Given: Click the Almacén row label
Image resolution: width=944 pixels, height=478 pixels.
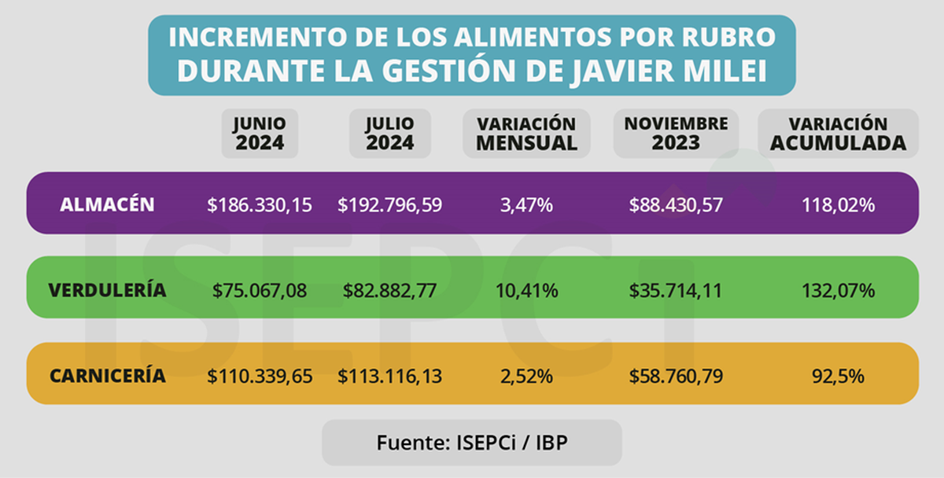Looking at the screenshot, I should point(107,204).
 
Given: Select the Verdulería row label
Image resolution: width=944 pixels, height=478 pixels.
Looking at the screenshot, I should point(107,290).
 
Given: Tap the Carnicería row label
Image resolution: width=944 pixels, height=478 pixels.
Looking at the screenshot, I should point(108,376).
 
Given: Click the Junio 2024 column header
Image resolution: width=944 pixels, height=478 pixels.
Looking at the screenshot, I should point(260,134).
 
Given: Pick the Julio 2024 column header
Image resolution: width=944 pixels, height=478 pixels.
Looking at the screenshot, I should point(389,134).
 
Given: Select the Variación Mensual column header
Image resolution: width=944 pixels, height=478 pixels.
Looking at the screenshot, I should point(526,134).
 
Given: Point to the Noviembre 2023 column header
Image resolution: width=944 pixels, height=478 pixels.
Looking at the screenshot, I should point(676,134).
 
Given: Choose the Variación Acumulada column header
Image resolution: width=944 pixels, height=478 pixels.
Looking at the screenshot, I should point(838,134).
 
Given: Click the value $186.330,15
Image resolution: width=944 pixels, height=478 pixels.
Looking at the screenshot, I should point(260,205).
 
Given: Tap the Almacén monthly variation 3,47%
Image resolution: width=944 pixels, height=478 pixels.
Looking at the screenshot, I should point(526,205).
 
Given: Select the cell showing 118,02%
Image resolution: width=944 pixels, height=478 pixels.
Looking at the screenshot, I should point(838,205).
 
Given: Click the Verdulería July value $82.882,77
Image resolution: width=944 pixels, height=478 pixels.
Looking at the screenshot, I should point(389,291).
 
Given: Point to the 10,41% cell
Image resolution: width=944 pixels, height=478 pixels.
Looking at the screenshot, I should point(526,291).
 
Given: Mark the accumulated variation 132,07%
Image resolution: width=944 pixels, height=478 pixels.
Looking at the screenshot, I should point(838,291).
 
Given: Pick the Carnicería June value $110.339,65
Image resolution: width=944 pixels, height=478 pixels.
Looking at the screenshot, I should point(260,377).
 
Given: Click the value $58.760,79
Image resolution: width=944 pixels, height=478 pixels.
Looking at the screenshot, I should point(676,377).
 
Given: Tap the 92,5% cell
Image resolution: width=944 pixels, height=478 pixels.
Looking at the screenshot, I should point(838,377).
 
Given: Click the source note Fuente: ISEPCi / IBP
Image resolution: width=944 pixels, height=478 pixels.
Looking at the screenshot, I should point(472,442).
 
